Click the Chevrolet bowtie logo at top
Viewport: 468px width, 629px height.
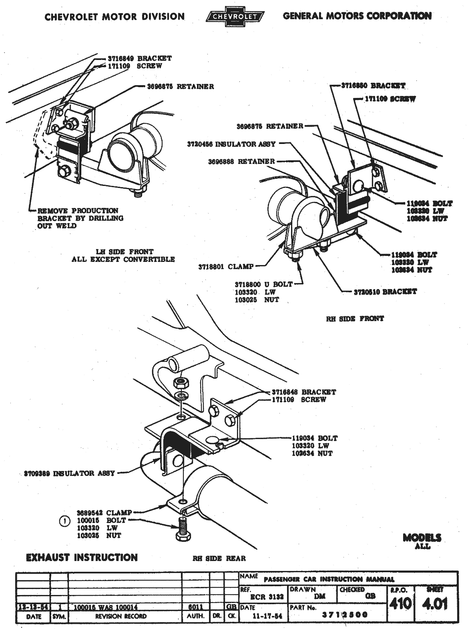point(234,16)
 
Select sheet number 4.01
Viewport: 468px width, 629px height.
point(436,603)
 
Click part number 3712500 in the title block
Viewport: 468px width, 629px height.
point(345,615)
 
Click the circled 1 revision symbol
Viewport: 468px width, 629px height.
point(64,521)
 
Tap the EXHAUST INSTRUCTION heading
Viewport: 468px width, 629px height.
point(82,557)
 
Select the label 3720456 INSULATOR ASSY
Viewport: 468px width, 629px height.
point(231,144)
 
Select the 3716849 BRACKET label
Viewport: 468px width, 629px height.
point(139,58)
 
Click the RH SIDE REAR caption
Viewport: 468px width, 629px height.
point(219,558)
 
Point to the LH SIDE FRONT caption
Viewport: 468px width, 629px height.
point(124,252)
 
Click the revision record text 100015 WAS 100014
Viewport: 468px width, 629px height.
point(106,607)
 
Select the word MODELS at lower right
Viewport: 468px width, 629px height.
point(422,538)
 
